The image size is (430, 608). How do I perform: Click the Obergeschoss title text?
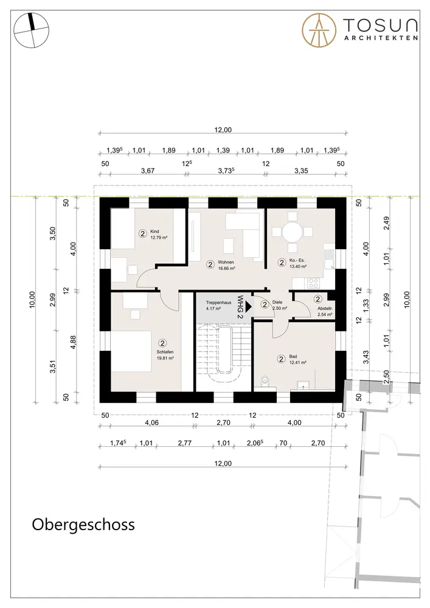click(83, 525)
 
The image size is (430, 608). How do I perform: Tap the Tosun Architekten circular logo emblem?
click(319, 30)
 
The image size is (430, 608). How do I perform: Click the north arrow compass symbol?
click(32, 30)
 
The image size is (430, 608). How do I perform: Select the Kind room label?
click(154, 232)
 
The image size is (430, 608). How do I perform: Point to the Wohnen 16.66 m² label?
click(226, 265)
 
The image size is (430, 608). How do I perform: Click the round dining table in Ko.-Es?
click(292, 232)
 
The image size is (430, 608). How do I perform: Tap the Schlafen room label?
click(165, 352)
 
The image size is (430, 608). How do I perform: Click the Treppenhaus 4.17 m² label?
click(218, 306)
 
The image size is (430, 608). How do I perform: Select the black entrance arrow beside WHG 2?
click(249, 306)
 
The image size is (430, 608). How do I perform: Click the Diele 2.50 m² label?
click(279, 305)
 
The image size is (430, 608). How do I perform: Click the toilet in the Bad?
click(265, 382)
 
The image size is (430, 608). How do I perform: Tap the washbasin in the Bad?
click(303, 384)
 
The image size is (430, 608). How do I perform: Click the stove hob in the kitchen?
click(313, 283)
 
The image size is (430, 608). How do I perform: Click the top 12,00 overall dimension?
click(223, 130)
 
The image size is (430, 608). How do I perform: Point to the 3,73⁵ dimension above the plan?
click(226, 171)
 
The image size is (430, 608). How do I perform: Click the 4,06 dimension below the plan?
click(151, 423)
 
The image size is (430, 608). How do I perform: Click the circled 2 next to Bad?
click(282, 359)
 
